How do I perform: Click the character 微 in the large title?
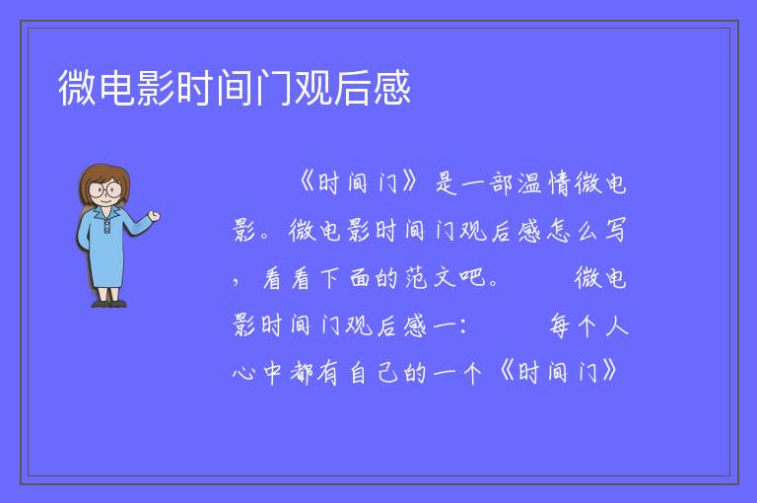point(77,88)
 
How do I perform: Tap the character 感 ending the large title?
point(392,88)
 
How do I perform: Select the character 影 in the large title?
point(156,88)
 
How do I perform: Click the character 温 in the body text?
point(530,183)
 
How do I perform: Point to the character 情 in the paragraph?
point(559,183)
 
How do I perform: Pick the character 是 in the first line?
point(447,183)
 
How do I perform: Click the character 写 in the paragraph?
point(615,231)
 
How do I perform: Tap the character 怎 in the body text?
point(559,231)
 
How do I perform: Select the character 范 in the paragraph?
point(416,278)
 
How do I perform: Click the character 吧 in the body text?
point(472,278)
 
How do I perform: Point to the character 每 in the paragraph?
point(559,325)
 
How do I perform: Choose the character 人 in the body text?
point(616,325)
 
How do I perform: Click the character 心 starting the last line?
point(243,373)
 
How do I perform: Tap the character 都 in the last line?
point(302,373)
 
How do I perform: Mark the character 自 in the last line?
point(358,373)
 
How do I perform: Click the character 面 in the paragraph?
point(360,278)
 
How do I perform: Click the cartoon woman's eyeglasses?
point(104,189)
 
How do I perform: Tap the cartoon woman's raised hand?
point(154,216)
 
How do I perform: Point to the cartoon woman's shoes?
point(109,304)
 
